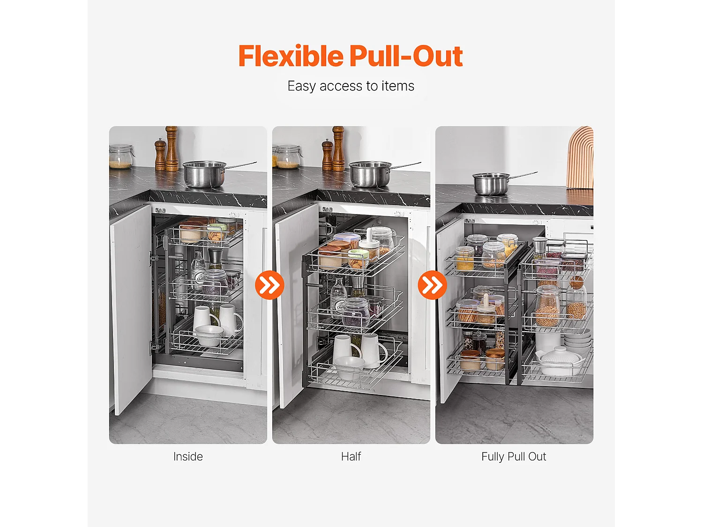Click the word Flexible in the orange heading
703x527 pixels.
click(x=291, y=56)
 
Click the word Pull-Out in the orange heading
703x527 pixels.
click(x=406, y=56)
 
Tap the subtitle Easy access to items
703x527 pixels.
click(x=351, y=86)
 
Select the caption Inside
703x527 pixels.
click(x=188, y=457)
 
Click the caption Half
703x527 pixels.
click(x=351, y=457)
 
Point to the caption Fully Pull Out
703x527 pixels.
click(x=514, y=457)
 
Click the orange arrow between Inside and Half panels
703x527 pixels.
click(x=269, y=285)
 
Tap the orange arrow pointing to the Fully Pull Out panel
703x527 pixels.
click(x=433, y=285)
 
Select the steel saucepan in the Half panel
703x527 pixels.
click(x=370, y=174)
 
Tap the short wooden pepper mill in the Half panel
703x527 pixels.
click(x=327, y=155)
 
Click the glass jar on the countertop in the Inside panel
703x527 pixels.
click(x=121, y=156)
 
